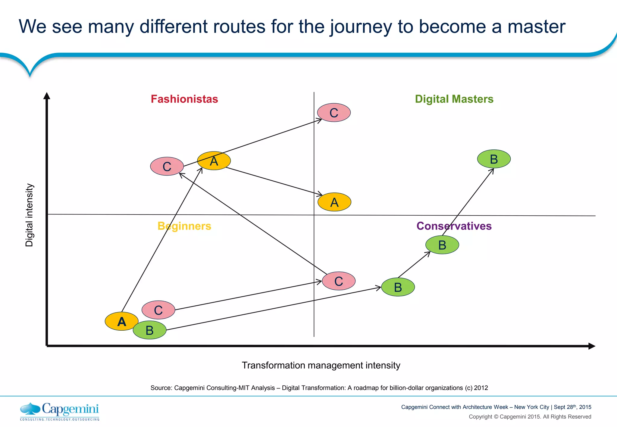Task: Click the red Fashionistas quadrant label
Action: (x=184, y=99)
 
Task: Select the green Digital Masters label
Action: (x=454, y=99)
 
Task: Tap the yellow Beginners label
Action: (x=184, y=226)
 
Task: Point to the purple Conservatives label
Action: (x=454, y=226)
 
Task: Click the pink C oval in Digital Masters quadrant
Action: (x=334, y=113)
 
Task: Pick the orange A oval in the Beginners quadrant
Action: (x=121, y=321)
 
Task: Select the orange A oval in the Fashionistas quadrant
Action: (x=214, y=161)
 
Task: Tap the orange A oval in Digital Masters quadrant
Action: (x=334, y=202)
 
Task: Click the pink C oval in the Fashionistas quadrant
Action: (x=167, y=166)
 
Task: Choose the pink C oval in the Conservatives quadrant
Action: (x=339, y=281)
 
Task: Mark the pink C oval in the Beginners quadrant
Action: (x=158, y=310)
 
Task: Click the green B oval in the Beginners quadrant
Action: (x=149, y=330)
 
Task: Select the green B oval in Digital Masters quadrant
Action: (x=494, y=159)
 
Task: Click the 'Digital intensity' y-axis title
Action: (x=29, y=215)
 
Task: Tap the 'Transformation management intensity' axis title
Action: (x=321, y=365)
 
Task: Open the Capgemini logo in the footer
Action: (x=60, y=411)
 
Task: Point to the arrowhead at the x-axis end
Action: (x=591, y=346)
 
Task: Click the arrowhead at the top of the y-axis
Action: (x=47, y=96)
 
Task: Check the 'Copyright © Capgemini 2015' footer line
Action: (x=530, y=417)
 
